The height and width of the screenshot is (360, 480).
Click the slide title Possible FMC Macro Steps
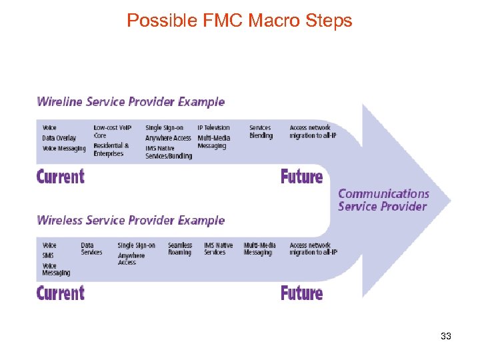(239, 21)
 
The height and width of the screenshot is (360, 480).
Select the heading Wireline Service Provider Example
(131, 102)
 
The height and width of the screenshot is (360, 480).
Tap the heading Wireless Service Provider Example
(131, 220)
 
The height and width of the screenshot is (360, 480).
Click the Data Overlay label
(59, 138)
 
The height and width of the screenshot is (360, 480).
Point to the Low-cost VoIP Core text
(112, 131)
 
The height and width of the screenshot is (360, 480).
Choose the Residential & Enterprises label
(111, 149)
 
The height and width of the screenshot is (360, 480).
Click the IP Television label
(213, 128)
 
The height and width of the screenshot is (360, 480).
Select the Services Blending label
(261, 131)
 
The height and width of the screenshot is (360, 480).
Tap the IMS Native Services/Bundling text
(169, 152)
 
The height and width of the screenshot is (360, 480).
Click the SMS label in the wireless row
(48, 255)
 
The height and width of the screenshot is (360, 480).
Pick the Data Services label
(91, 249)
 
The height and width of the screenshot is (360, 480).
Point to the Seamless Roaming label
(179, 249)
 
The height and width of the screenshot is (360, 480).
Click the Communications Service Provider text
(383, 200)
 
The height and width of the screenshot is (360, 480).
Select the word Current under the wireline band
(61, 177)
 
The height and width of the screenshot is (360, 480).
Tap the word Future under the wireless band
(301, 293)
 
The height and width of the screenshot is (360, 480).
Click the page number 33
(446, 336)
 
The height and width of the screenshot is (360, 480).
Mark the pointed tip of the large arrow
(450, 199)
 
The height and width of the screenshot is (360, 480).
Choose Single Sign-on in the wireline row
(164, 128)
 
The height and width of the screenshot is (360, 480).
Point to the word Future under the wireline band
(301, 177)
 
